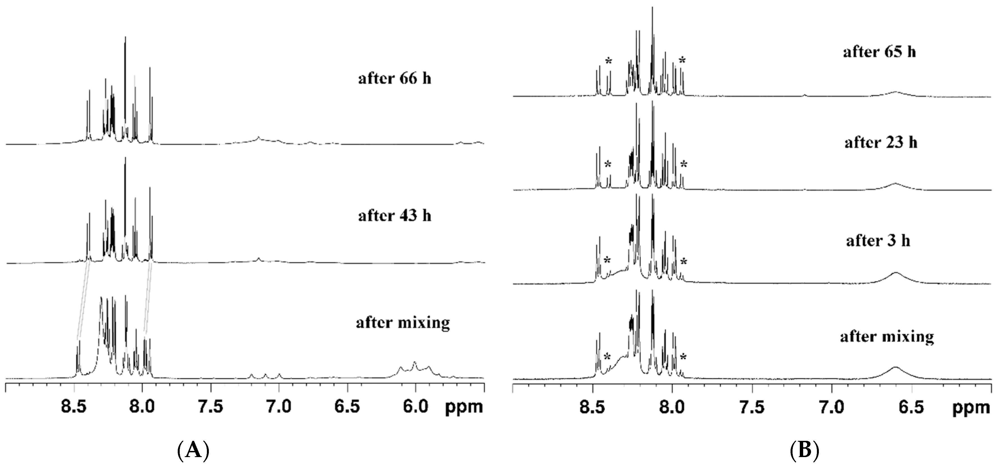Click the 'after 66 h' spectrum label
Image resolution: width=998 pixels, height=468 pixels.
[394, 79]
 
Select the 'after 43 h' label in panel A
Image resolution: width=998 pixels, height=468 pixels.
[394, 216]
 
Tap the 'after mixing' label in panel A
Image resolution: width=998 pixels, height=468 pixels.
[403, 322]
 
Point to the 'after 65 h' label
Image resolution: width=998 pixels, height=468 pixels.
[879, 52]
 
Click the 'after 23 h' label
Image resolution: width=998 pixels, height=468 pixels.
[880, 143]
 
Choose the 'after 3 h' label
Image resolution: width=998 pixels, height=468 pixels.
[878, 241]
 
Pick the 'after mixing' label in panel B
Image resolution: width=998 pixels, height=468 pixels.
[887, 337]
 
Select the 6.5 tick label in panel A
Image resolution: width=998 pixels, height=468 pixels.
[347, 407]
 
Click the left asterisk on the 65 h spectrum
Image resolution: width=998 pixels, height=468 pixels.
[609, 61]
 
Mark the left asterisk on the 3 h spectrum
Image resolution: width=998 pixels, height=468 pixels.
[607, 260]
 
